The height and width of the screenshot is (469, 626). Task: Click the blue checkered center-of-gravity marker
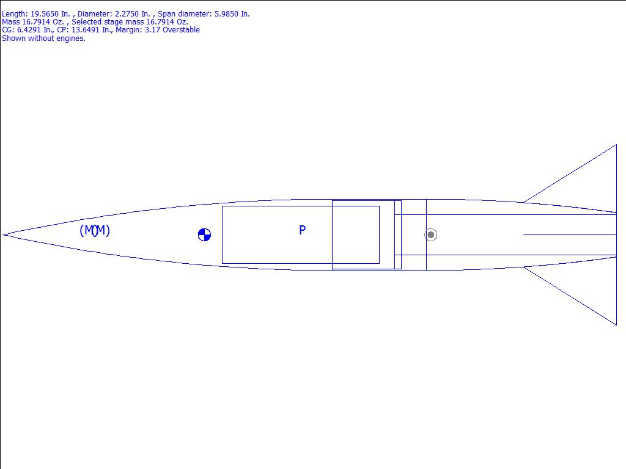point(204,235)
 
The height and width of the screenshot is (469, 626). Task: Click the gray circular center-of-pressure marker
point(431,235)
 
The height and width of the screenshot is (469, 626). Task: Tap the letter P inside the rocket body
point(302,230)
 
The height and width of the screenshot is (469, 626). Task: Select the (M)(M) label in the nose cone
point(95,230)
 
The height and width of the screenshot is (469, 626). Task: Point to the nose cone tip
point(3,235)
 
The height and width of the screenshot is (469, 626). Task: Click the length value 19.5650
point(44,14)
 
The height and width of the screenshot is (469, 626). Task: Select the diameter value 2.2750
point(126,14)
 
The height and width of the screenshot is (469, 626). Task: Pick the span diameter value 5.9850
point(226,14)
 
